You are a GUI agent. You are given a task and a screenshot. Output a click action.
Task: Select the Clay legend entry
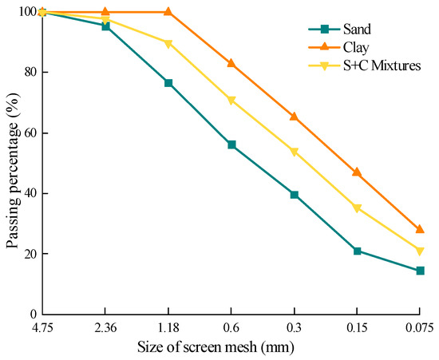[x=350, y=48]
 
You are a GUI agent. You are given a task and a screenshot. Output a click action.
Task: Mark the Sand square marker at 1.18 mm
[x=168, y=83]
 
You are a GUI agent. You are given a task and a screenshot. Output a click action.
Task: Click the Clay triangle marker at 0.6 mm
[x=231, y=63]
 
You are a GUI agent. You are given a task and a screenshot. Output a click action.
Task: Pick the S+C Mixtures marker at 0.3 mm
[x=294, y=152]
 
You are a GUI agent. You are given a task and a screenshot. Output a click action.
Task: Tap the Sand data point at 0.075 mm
[x=419, y=271]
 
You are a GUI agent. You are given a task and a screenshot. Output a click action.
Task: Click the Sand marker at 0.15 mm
[x=357, y=251]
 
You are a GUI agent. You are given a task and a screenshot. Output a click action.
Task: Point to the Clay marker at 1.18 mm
[x=168, y=12]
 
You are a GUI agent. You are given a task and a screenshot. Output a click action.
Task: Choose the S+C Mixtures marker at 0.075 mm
[x=419, y=251]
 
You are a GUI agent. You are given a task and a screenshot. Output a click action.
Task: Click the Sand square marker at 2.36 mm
[x=105, y=26]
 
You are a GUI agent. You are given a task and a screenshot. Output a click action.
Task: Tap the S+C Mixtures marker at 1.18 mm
[x=168, y=43]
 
